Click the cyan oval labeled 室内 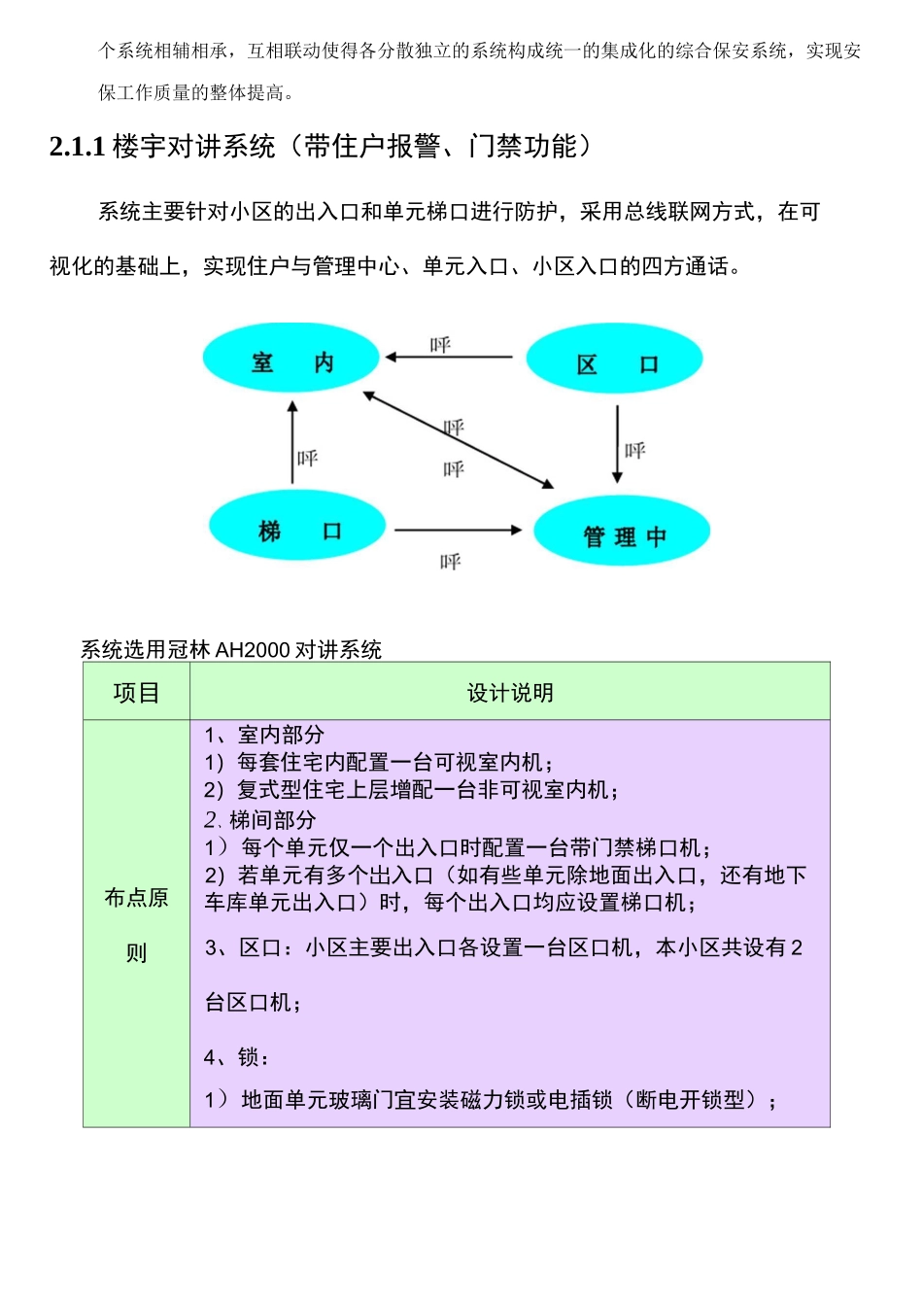pyautogui.click(x=291, y=359)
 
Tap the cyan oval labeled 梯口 pyautogui.click(x=297, y=527)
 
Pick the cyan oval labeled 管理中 pyautogui.click(x=623, y=532)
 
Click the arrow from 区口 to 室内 pyautogui.click(x=450, y=358)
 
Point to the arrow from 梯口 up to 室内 pyautogui.click(x=292, y=442)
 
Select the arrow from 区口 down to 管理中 pyautogui.click(x=617, y=443)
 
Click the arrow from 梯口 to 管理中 pyautogui.click(x=458, y=530)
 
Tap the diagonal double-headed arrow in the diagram pyautogui.click(x=458, y=439)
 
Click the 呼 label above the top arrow pyautogui.click(x=440, y=345)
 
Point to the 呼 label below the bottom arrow pyautogui.click(x=450, y=562)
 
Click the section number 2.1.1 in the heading pyautogui.click(x=77, y=147)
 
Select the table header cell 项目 pyautogui.click(x=136, y=693)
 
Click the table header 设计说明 pyautogui.click(x=510, y=693)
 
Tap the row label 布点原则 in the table pyautogui.click(x=136, y=924)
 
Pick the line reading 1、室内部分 pyautogui.click(x=264, y=735)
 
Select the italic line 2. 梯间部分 pyautogui.click(x=260, y=819)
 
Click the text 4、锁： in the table pyautogui.click(x=237, y=1057)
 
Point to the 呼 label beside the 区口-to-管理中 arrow pyautogui.click(x=635, y=450)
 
